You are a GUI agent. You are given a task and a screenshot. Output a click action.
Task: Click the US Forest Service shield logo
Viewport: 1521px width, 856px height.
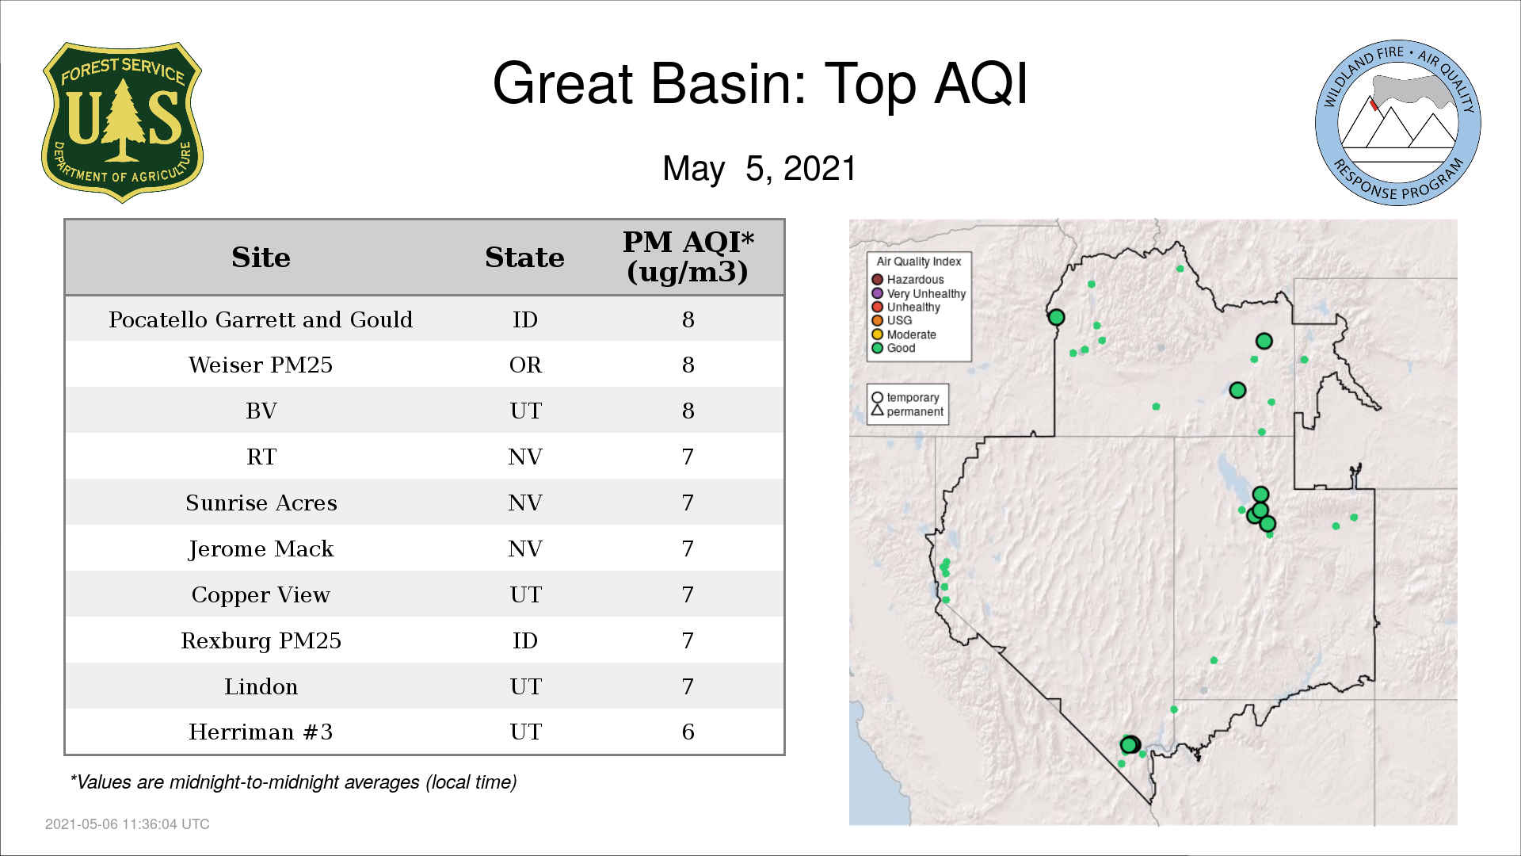122,123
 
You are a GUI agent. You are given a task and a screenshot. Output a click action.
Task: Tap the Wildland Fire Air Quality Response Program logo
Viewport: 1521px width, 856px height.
1398,123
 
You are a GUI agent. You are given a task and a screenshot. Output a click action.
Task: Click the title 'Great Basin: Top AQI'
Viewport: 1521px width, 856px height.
760,83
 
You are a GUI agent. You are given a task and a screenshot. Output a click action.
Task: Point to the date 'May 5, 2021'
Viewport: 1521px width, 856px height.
760,169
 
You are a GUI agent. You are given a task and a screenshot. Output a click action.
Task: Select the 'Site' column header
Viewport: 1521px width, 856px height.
261,258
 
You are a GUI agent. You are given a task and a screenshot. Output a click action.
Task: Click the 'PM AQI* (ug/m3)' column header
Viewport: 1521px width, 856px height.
688,257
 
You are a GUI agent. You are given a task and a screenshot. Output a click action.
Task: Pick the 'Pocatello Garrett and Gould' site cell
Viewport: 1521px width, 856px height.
261,319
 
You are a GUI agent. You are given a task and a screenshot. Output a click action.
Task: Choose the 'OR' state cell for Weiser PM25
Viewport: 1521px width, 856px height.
525,365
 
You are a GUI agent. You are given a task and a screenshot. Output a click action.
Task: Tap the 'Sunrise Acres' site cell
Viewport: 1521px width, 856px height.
261,503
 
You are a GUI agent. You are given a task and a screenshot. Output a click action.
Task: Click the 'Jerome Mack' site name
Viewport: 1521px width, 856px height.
261,549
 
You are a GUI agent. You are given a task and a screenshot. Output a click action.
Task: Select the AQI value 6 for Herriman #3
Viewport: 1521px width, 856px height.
688,732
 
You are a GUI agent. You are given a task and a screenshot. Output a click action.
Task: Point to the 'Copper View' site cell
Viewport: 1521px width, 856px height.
261,595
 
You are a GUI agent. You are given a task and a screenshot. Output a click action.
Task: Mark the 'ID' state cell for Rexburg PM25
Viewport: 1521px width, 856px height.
525,640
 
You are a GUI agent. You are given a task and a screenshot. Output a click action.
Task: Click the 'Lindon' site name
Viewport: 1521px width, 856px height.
261,686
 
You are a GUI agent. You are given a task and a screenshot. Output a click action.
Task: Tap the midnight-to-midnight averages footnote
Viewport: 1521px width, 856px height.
293,782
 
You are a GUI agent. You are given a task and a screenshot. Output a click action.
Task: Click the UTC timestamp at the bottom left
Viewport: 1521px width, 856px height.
128,824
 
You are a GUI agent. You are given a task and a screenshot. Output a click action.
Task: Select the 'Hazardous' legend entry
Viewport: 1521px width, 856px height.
908,280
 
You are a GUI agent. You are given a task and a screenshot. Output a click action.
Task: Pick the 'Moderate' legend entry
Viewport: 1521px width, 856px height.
904,334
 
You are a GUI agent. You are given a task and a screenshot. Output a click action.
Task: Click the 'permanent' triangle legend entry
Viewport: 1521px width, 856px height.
907,411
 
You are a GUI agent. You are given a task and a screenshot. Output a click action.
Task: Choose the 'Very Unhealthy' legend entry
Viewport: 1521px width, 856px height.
919,293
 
